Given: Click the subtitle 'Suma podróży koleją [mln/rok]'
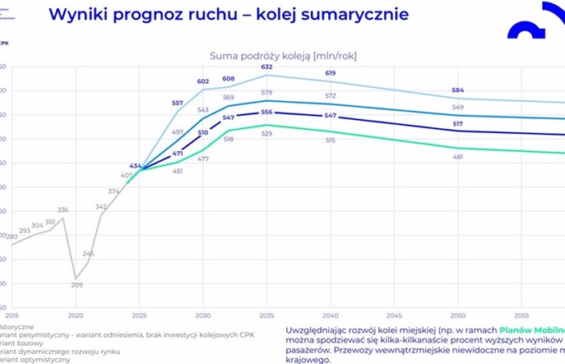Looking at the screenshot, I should [282, 55].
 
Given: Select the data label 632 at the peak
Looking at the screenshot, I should [266, 67].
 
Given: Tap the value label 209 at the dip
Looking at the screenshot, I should [76, 285].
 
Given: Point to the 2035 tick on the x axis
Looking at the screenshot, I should [266, 315].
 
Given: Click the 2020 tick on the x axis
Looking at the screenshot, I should [76, 315].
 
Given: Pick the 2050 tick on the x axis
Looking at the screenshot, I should [458, 315].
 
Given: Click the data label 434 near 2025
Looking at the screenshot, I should [136, 166].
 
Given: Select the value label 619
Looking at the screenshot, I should [331, 74].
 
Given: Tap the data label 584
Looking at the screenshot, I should [458, 90].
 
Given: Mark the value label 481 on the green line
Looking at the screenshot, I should [458, 157].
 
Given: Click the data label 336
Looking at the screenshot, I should [63, 210].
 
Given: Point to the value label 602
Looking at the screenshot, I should [203, 81].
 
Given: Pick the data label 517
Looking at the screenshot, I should [458, 123].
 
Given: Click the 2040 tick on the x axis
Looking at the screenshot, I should [331, 315].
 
